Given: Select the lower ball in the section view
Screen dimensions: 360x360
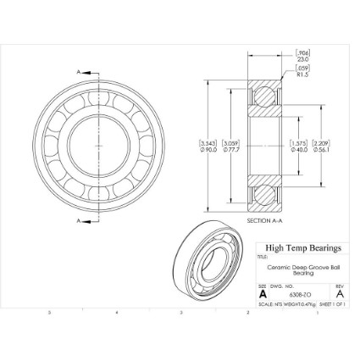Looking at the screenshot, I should pyautogui.click(x=263, y=193).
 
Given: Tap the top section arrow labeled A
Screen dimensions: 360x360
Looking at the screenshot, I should pyautogui.click(x=82, y=74).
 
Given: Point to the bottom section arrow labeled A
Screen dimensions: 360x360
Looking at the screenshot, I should pyautogui.click(x=82, y=222).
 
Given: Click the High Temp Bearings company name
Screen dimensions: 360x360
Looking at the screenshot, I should pyautogui.click(x=302, y=248).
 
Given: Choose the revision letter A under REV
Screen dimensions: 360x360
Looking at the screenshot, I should pyautogui.click(x=339, y=295).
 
